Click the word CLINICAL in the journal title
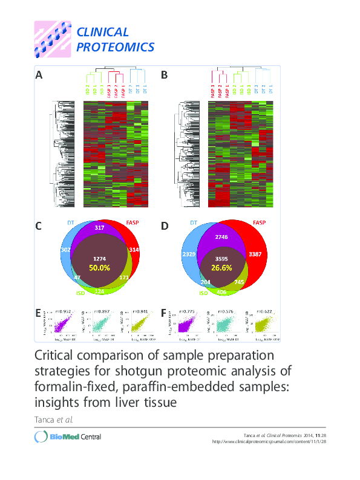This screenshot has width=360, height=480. tap(102, 32)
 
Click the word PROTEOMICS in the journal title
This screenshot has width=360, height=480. tap(115, 47)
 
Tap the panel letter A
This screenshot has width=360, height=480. tap(39, 76)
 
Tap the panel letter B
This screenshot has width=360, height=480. tap(164, 76)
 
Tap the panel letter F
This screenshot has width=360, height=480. tap(164, 313)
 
